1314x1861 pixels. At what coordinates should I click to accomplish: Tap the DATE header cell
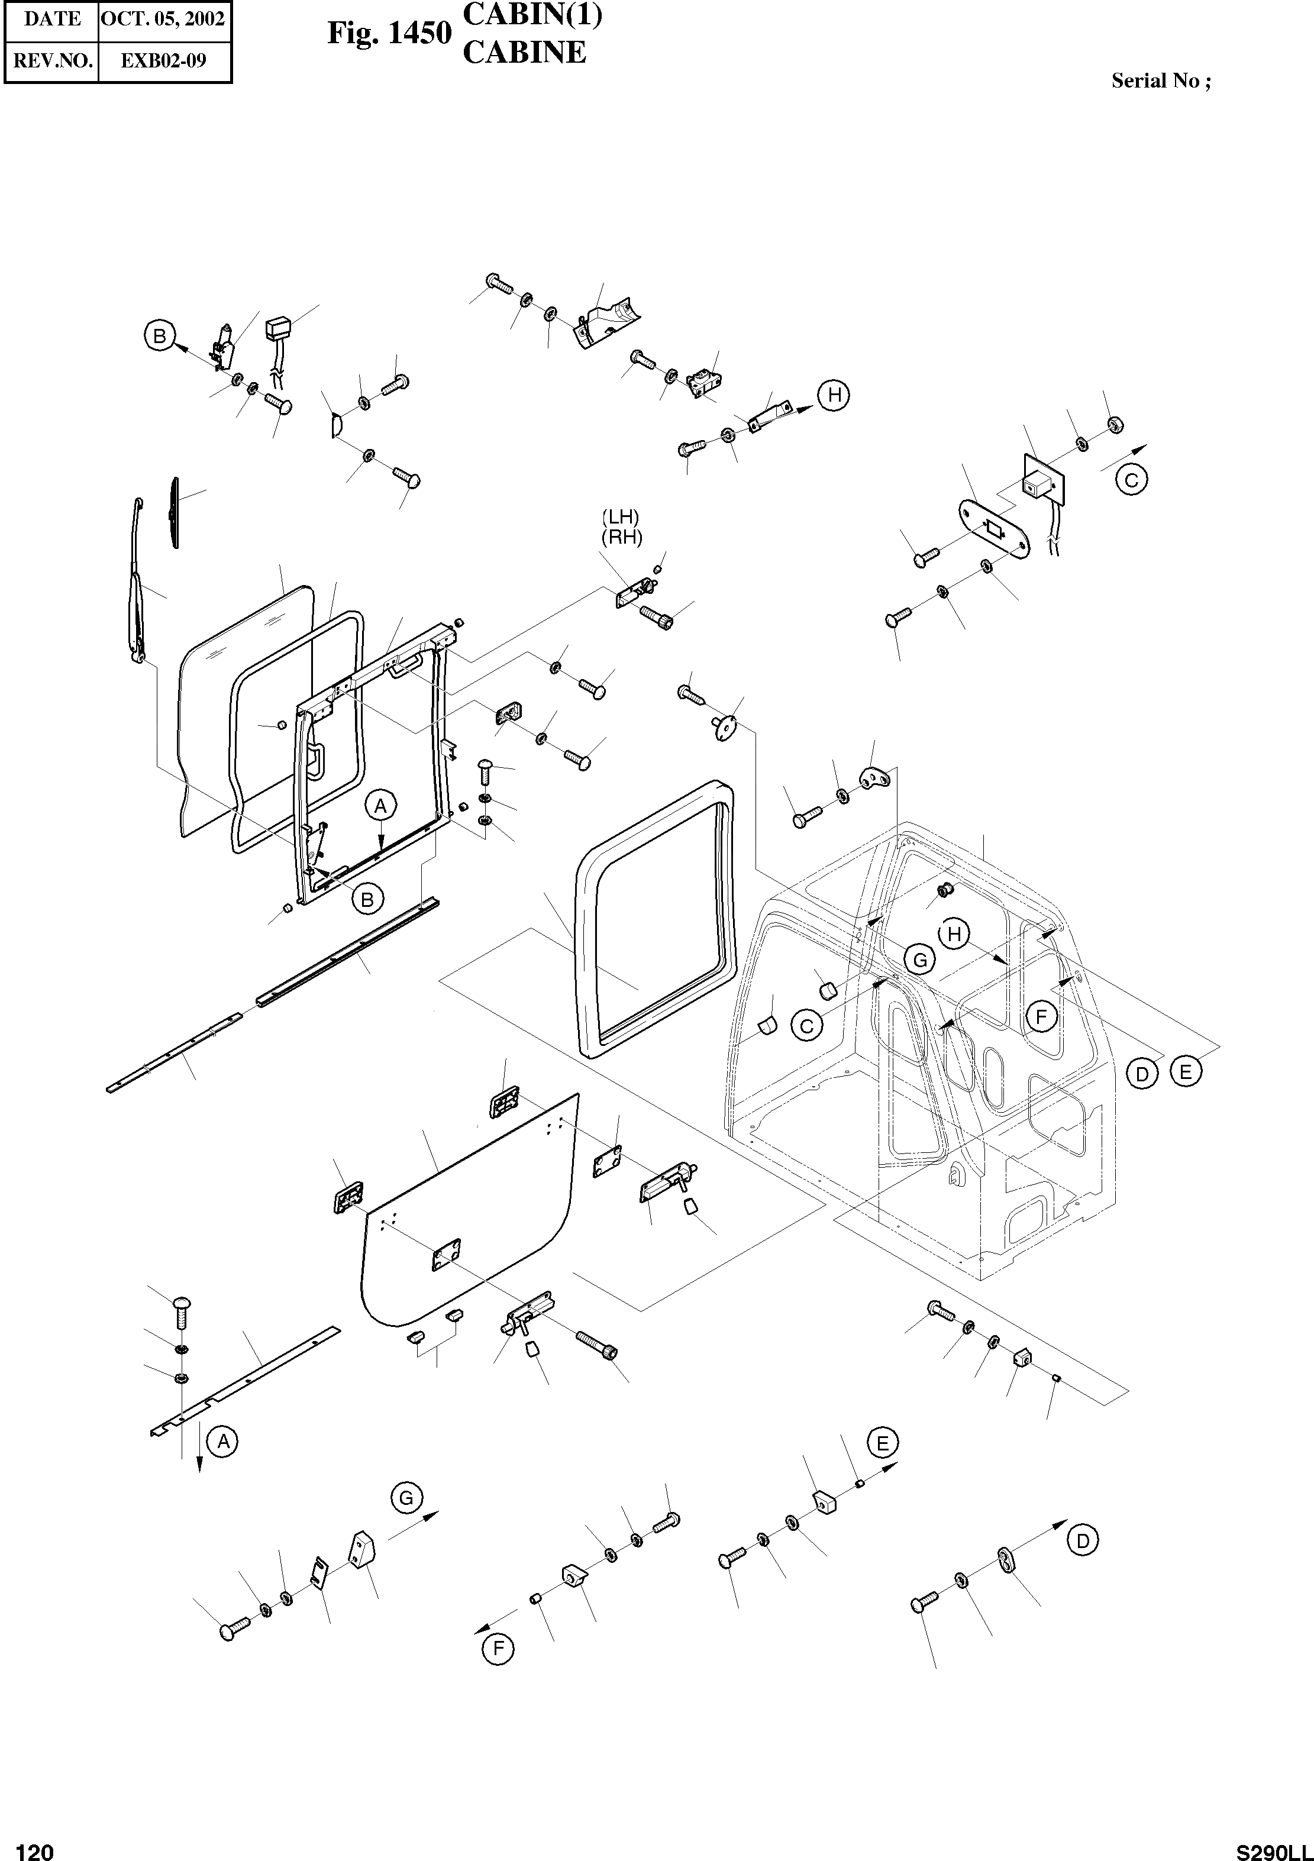pos(52,19)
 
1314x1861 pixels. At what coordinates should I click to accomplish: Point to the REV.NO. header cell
pos(52,61)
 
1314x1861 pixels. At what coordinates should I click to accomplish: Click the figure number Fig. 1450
pos(389,33)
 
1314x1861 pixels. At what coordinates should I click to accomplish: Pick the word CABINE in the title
pos(524,53)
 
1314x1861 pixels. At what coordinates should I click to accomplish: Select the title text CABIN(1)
pos(532,15)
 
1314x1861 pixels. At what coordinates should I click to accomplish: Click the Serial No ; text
pos(1161,80)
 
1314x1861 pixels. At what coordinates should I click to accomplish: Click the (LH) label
pos(621,516)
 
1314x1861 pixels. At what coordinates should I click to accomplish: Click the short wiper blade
pos(175,513)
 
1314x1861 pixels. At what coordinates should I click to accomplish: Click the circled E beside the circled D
pos(1185,1072)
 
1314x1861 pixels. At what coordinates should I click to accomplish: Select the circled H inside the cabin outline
pos(954,935)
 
